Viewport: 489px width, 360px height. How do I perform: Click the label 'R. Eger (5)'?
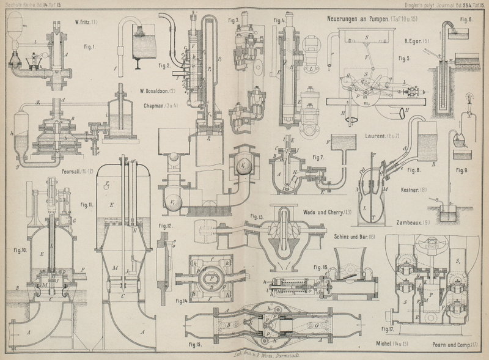417,42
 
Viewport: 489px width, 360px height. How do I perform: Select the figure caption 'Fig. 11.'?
86,206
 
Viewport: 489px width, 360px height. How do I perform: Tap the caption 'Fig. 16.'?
320,268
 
